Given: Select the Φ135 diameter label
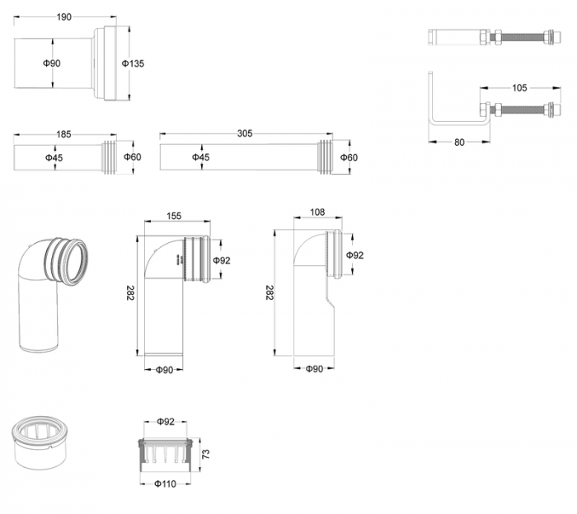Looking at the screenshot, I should (134, 63).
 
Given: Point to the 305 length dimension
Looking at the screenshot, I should (245, 133).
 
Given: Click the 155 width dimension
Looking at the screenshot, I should (174, 216).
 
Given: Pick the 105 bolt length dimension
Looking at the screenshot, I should (518, 88).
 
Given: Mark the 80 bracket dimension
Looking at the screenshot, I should (460, 142).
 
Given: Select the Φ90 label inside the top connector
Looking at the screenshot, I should (52, 63).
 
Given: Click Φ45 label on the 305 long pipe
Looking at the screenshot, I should (200, 157).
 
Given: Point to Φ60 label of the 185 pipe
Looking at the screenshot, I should (132, 157).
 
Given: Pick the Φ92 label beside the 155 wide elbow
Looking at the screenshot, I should (221, 260).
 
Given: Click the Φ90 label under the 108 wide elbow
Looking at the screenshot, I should (313, 369).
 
